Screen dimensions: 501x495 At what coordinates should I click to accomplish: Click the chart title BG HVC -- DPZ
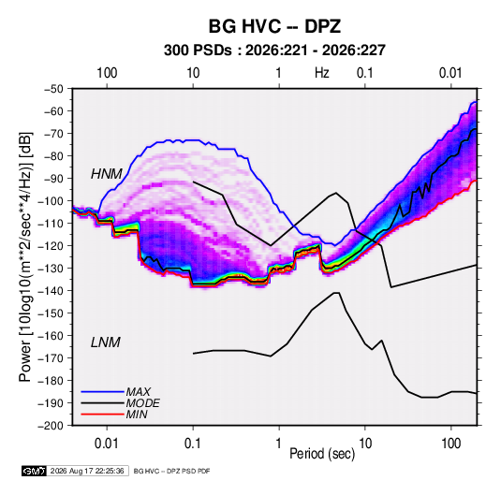tap(274, 26)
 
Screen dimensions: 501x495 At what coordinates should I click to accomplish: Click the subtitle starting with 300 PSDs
tap(274, 51)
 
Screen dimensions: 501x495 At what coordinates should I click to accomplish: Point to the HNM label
tap(107, 174)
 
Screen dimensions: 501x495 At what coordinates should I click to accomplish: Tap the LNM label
tap(106, 342)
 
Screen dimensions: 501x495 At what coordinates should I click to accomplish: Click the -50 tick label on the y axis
tap(53, 89)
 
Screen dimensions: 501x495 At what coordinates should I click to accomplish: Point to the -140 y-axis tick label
tap(51, 291)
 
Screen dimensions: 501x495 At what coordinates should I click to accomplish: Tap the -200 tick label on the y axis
tap(51, 426)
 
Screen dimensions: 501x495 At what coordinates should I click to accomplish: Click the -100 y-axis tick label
tap(51, 201)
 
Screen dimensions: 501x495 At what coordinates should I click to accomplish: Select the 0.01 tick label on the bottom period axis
tap(107, 444)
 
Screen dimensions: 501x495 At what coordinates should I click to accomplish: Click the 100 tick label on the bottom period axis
tap(450, 444)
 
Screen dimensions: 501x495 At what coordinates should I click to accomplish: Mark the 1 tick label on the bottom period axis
tap(279, 444)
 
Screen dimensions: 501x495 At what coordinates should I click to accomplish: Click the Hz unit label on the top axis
tap(322, 73)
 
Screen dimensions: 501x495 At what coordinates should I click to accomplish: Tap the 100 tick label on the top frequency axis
tap(107, 73)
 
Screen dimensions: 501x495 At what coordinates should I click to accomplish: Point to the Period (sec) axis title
tap(322, 454)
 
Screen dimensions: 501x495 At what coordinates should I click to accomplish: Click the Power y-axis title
tap(25, 256)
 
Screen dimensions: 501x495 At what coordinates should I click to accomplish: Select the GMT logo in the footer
tap(34, 471)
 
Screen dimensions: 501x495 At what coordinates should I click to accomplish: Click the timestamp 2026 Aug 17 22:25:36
tap(87, 471)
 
